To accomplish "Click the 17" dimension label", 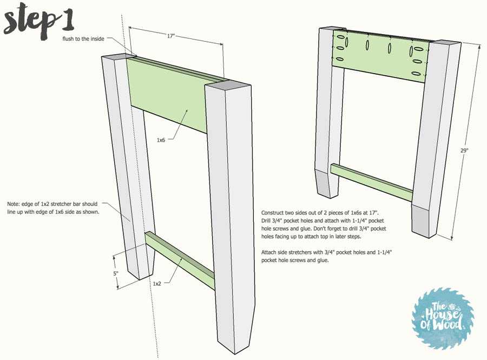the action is (171, 36).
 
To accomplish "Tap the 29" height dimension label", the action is (464, 150).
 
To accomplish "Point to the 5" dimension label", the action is (116, 273).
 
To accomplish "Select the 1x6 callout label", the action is (161, 140).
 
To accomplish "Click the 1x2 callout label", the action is (157, 284).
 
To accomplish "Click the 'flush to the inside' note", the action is (83, 39).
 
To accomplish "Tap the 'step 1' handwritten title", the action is (39, 21).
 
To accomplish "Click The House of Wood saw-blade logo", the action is (443, 318).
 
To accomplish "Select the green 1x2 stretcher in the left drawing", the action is (180, 260).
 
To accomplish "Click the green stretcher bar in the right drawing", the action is (371, 182).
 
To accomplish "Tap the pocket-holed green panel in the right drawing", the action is (380, 56).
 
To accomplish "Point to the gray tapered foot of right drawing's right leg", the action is (424, 219).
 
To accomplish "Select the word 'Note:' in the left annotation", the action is (14, 204).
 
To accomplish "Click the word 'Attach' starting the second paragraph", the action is (269, 252).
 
